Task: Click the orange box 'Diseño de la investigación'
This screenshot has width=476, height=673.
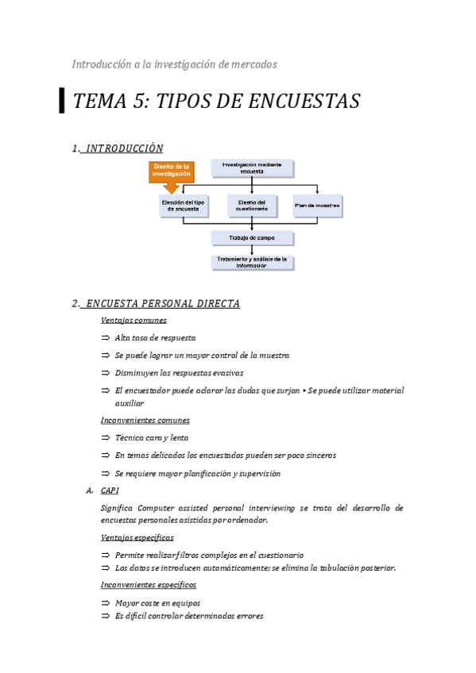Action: (x=172, y=170)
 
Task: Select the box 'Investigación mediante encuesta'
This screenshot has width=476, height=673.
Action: (x=252, y=167)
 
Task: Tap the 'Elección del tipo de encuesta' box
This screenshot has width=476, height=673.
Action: (x=184, y=206)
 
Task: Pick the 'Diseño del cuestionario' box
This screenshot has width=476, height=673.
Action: (x=252, y=206)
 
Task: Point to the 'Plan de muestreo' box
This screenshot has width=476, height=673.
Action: (x=317, y=206)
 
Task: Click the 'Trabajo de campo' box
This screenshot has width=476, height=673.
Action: (x=252, y=238)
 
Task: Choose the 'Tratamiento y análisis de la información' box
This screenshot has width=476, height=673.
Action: (x=252, y=262)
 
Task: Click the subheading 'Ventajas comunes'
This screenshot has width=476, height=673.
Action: (x=134, y=321)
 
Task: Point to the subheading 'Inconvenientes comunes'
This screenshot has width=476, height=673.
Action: (x=145, y=420)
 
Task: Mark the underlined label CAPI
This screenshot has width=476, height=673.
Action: (x=110, y=490)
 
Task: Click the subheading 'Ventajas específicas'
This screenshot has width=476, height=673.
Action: (x=137, y=537)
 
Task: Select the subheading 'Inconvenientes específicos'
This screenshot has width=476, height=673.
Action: (x=148, y=585)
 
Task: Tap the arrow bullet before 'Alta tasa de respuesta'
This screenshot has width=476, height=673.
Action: (x=106, y=338)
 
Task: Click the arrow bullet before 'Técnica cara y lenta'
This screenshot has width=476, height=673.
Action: (x=106, y=437)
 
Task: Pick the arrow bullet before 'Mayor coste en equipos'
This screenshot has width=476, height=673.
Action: (x=106, y=603)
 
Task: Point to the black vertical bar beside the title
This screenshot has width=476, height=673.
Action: (x=62, y=102)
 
